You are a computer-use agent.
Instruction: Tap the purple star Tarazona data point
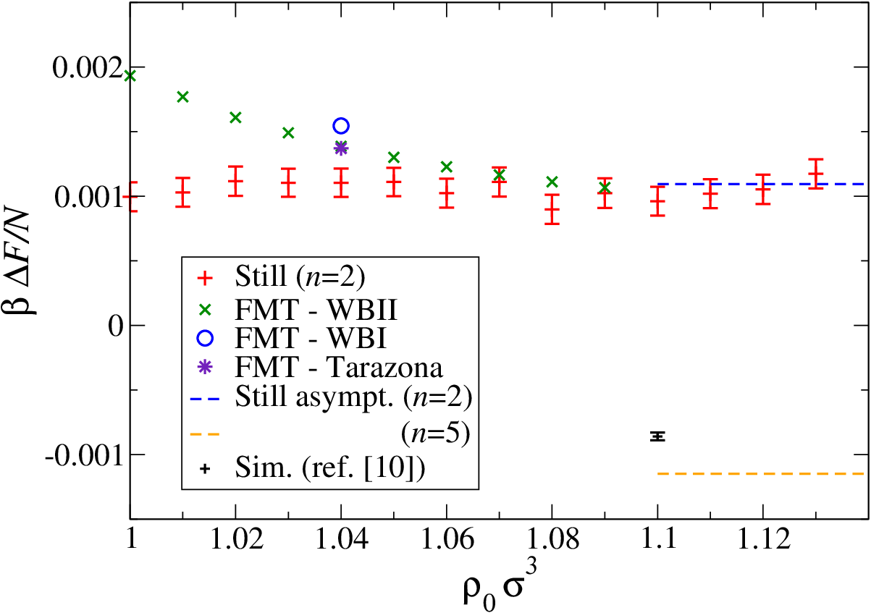(x=341, y=148)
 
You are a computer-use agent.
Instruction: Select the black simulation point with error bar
(x=658, y=436)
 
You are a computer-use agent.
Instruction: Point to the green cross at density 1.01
(x=182, y=97)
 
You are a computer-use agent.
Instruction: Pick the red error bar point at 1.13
(x=816, y=174)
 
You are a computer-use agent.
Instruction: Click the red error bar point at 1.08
(x=552, y=209)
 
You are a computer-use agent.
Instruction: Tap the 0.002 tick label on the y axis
(x=88, y=68)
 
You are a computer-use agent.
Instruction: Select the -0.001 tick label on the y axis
(x=85, y=455)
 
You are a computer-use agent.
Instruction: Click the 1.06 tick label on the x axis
(x=447, y=539)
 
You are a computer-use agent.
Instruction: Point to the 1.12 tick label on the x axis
(x=763, y=539)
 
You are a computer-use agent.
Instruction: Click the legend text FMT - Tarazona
(x=339, y=368)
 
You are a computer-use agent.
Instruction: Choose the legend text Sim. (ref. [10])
(x=330, y=468)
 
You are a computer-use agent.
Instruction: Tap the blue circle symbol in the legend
(x=205, y=337)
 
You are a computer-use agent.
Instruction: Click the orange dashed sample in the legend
(x=205, y=434)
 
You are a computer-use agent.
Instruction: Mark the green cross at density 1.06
(x=447, y=166)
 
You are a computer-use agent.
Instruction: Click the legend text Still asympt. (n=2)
(x=353, y=397)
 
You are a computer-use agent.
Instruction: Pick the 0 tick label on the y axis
(x=116, y=326)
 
